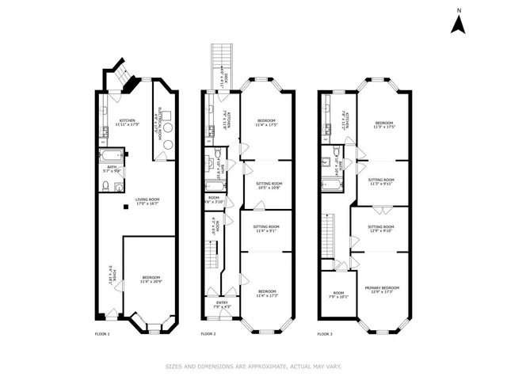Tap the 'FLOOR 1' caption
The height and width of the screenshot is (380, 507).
[x=102, y=334]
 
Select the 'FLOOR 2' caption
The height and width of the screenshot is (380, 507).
[x=208, y=334]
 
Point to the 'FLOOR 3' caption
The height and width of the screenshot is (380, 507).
[x=325, y=334]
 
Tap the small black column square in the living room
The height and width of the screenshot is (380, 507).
[x=125, y=207]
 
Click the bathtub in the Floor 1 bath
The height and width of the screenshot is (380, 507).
[x=109, y=154]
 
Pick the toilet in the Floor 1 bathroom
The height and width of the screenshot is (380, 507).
[x=105, y=186]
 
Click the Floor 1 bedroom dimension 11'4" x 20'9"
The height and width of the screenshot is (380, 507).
[x=147, y=282]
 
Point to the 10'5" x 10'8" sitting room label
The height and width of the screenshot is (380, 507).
[x=269, y=185]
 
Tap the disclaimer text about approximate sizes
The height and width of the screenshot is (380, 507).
[x=253, y=366]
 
